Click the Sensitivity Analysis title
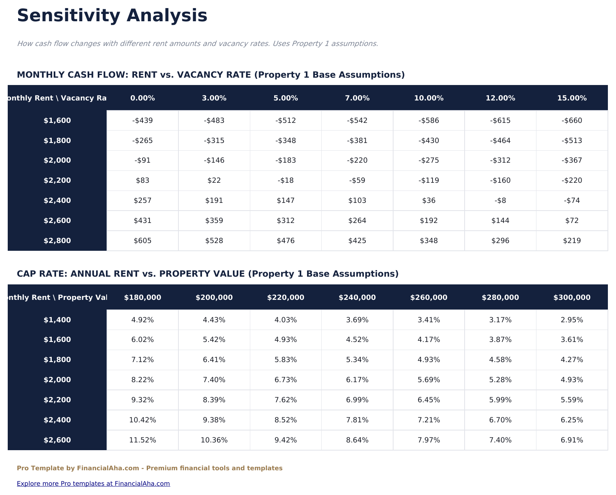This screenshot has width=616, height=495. tap(112, 16)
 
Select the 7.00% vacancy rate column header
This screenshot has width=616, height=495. tap(357, 98)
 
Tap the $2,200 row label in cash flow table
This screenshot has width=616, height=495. tap(57, 180)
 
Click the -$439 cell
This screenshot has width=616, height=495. tap(143, 121)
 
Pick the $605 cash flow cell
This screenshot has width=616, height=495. tap(143, 241)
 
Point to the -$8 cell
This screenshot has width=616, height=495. tap(500, 201)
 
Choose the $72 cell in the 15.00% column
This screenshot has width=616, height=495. tap(572, 221)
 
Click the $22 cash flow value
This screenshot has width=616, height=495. tap(214, 180)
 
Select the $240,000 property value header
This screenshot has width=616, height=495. tap(357, 298)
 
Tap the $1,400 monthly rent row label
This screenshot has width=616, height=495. tap(57, 320)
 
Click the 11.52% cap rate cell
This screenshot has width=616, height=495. tap(143, 440)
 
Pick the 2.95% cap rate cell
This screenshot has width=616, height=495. tap(572, 320)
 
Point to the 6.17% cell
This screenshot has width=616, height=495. tap(357, 380)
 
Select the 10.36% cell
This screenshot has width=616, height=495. tap(214, 440)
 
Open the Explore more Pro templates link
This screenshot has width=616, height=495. tap(93, 483)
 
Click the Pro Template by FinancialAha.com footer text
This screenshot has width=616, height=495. tap(149, 468)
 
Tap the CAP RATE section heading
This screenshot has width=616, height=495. tap(207, 274)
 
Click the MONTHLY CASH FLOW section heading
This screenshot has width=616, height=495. tap(210, 75)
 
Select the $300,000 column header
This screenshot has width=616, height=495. tap(572, 298)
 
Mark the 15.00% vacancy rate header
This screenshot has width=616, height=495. tap(572, 98)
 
